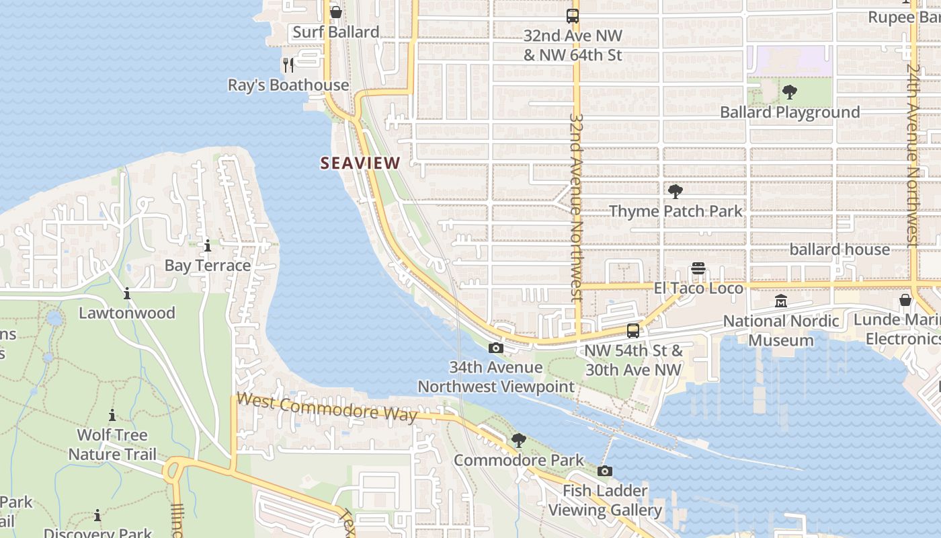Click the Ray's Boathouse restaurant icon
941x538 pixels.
(288, 65)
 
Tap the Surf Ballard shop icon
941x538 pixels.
(336, 12)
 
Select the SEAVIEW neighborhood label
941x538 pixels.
(360, 163)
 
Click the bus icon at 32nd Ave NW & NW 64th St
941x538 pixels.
(573, 16)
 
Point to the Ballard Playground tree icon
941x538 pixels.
(790, 92)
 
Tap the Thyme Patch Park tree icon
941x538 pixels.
(676, 192)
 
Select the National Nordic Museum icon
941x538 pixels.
(780, 301)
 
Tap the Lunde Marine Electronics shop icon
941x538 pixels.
(905, 300)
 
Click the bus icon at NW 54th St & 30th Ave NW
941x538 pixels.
(633, 331)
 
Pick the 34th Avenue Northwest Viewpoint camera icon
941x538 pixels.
(496, 348)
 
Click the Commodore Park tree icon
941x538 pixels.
(518, 440)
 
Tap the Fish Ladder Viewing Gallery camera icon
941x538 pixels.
(605, 471)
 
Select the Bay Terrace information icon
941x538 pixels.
(208, 246)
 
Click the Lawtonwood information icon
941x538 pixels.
(127, 293)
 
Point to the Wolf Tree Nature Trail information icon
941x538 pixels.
(112, 415)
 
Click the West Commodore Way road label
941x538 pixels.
(327, 408)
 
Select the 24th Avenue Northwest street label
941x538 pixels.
(912, 155)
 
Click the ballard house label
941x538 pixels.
(840, 249)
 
